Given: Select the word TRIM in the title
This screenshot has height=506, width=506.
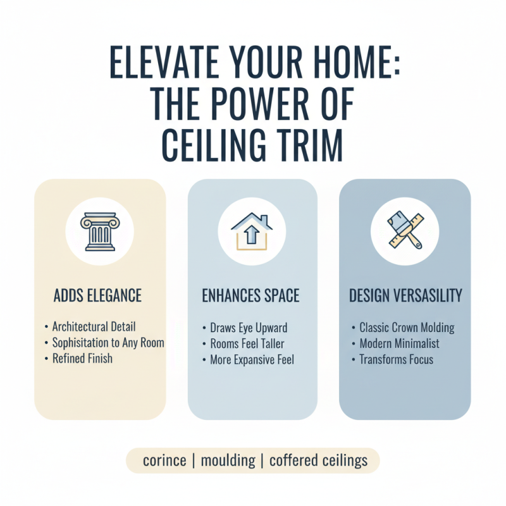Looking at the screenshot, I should (304, 146).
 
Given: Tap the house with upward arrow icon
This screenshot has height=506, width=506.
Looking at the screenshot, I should (252, 229).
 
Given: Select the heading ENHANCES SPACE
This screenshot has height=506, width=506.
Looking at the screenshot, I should (252, 295).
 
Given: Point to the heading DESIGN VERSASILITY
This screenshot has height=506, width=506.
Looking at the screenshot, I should (405, 295).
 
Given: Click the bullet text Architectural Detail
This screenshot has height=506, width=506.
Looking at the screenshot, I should (94, 327).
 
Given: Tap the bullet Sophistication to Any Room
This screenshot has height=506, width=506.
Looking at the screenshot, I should (108, 343).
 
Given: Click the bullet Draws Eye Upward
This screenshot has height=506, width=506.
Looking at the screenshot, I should (249, 328).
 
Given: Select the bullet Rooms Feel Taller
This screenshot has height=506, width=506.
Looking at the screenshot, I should (247, 344).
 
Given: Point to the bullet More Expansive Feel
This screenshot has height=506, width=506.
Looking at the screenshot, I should (252, 360).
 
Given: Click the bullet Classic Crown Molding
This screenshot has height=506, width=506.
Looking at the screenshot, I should (407, 328).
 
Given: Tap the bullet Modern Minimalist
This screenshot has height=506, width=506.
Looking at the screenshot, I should (399, 344).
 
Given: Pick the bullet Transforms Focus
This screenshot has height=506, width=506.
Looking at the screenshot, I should (396, 360).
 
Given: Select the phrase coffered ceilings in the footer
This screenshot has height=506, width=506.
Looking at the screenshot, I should (318, 460).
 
